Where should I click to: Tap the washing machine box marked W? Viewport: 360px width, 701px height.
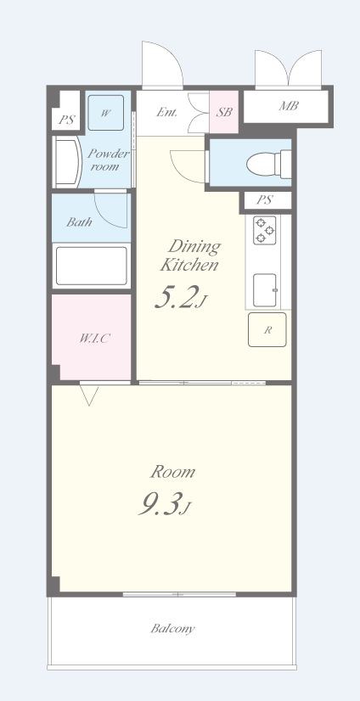coord(105,113)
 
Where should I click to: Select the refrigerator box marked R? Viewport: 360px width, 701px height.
coord(267,329)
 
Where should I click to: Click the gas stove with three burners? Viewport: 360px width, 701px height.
coord(265,230)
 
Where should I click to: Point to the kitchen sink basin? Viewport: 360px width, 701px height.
coord(265,290)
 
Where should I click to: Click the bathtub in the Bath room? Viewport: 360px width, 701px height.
coord(92,266)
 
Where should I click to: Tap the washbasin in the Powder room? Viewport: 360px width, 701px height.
coord(67,162)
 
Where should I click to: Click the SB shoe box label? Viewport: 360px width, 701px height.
coord(224,112)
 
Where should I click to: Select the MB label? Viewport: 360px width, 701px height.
coord(289,106)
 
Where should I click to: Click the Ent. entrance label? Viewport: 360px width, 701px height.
coord(166,113)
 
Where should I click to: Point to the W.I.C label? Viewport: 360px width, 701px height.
coord(94,339)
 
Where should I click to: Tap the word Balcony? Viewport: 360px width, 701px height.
coord(172,629)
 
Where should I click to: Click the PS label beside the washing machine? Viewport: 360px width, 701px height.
coord(66,121)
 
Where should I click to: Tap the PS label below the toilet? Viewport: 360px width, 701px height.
coord(264,200)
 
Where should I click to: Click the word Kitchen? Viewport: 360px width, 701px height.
coord(189,265)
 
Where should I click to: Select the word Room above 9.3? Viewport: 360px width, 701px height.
coord(172,472)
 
